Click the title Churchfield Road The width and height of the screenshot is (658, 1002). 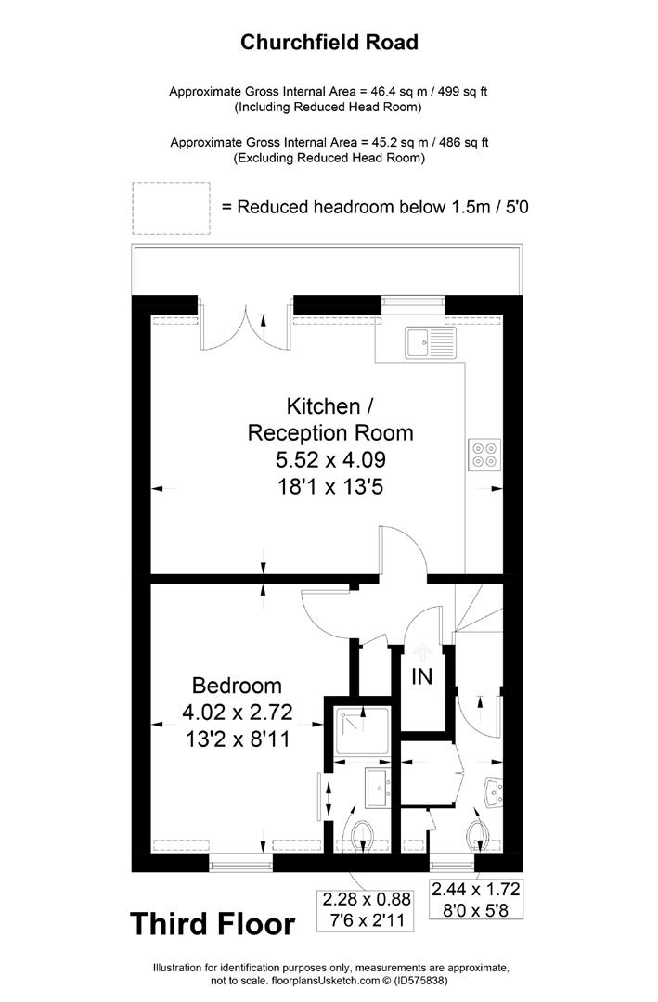329,43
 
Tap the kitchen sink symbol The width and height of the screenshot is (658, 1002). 430,342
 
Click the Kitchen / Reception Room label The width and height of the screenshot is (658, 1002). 330,419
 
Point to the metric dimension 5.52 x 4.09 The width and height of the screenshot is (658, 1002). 330,459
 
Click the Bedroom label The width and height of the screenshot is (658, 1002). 237,686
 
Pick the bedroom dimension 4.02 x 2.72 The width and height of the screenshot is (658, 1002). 238,712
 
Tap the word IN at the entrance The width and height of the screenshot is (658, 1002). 422,676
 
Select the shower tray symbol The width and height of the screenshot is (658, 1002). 362,731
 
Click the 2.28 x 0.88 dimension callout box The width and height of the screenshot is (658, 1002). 367,910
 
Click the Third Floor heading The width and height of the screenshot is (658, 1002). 213,924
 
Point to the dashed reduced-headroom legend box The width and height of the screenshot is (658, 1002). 172,209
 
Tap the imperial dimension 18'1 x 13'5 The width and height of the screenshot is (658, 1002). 330,487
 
